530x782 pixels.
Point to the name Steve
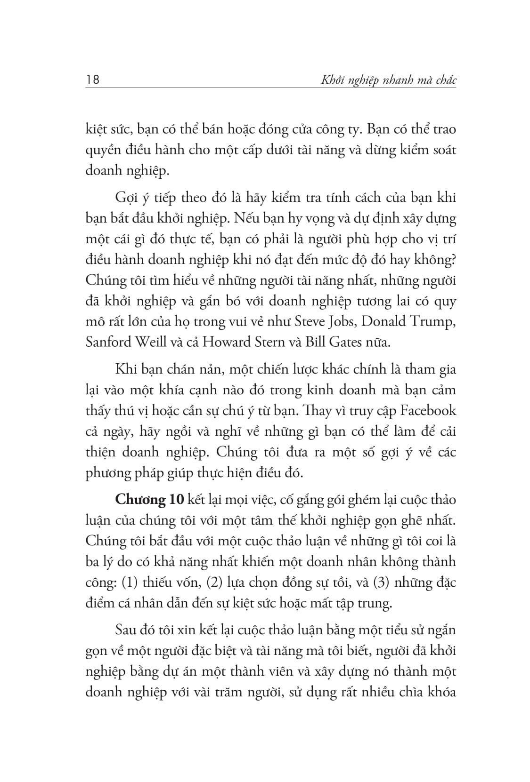(297, 321)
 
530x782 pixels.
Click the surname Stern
(273, 342)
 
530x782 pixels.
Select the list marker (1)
(130, 583)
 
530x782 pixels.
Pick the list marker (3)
(380, 583)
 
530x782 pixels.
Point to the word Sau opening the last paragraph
(126, 630)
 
